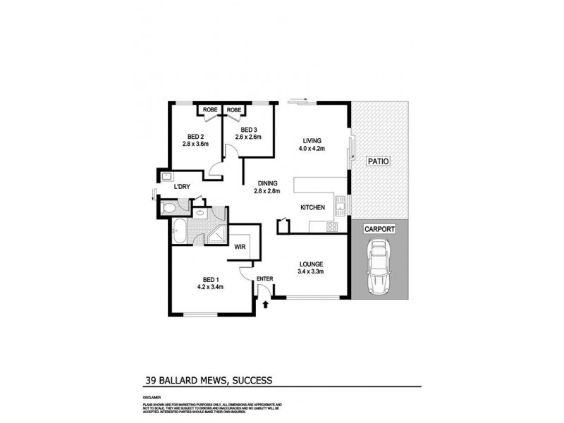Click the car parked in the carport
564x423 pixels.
(379, 267)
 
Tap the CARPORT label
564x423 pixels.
(379, 229)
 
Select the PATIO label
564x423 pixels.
(379, 162)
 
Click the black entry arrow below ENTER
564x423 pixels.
(265, 305)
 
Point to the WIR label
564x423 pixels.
(239, 247)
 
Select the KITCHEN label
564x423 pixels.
(312, 207)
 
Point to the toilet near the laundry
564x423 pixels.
(168, 208)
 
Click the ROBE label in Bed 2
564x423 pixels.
(210, 110)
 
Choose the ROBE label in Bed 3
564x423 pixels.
(235, 110)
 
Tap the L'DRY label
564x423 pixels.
(183, 186)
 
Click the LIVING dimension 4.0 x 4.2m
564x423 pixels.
(312, 149)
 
